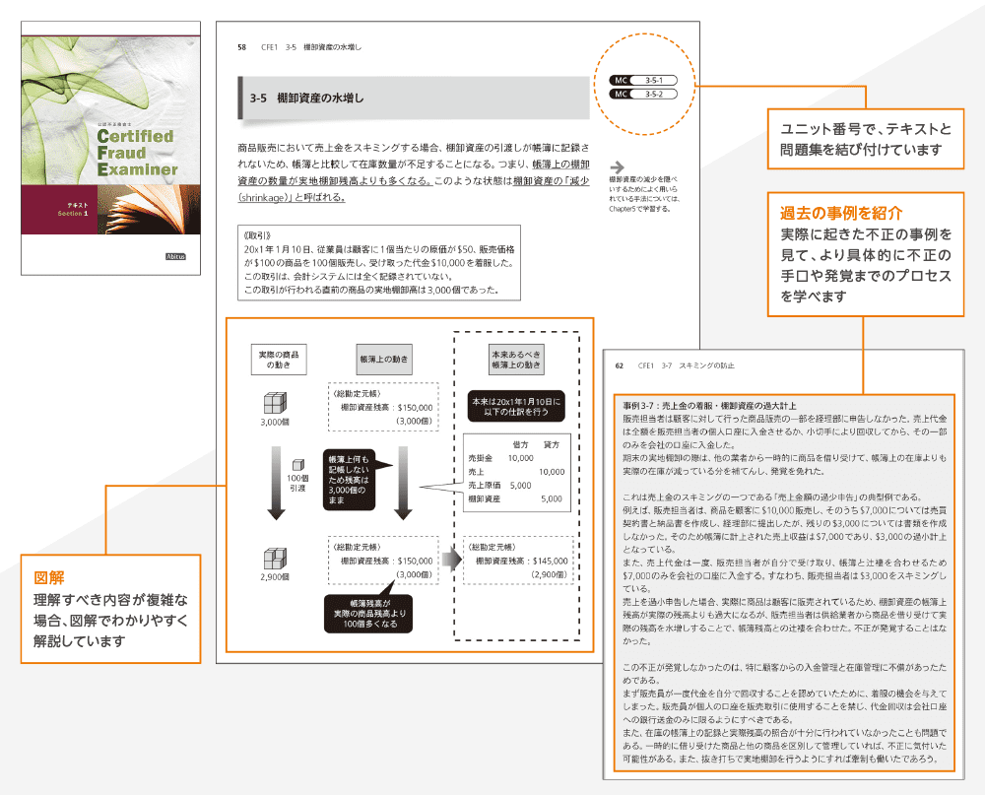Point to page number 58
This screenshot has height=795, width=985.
[x=242, y=46]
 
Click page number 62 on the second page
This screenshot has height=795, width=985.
[x=620, y=366]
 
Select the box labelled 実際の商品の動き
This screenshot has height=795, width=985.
[x=279, y=359]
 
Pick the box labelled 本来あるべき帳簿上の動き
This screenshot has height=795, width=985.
[x=516, y=358]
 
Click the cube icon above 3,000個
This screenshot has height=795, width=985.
[x=275, y=403]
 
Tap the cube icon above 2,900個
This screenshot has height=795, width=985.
[x=275, y=558]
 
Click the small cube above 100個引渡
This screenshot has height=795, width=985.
[x=295, y=463]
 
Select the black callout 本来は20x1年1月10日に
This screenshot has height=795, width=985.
[x=515, y=407]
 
